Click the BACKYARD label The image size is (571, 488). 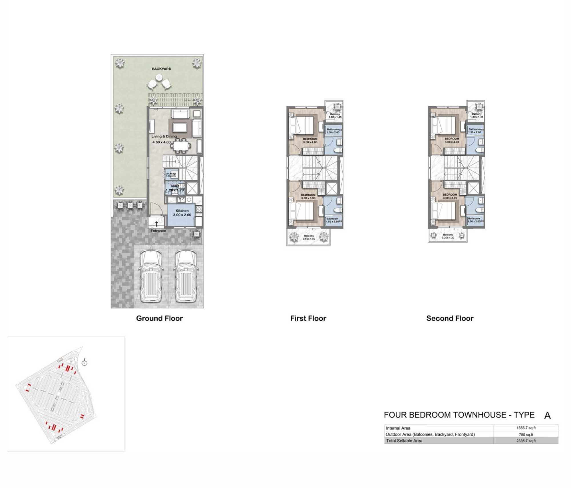pyautogui.click(x=161, y=69)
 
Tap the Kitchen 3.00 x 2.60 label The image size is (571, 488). pyautogui.click(x=182, y=213)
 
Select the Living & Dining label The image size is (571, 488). pyautogui.click(x=164, y=136)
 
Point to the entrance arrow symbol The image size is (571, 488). pyautogui.click(x=156, y=224)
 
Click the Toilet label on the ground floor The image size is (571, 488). pyautogui.click(x=174, y=186)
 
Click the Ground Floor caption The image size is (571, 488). pyautogui.click(x=159, y=318)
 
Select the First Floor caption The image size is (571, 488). pyautogui.click(x=308, y=318)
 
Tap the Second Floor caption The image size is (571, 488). pyautogui.click(x=450, y=318)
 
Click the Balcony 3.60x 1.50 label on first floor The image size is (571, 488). pyautogui.click(x=309, y=237)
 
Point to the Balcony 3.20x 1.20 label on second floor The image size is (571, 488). pyautogui.click(x=448, y=236)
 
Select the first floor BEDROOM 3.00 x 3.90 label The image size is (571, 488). pyautogui.click(x=308, y=196)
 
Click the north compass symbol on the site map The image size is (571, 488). pyautogui.click(x=84, y=363)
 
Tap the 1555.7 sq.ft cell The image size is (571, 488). pyautogui.click(x=526, y=428)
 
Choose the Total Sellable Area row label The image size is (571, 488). pyautogui.click(x=404, y=441)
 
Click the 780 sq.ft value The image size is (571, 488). pyautogui.click(x=526, y=435)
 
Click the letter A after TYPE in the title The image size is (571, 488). pyautogui.click(x=547, y=416)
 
